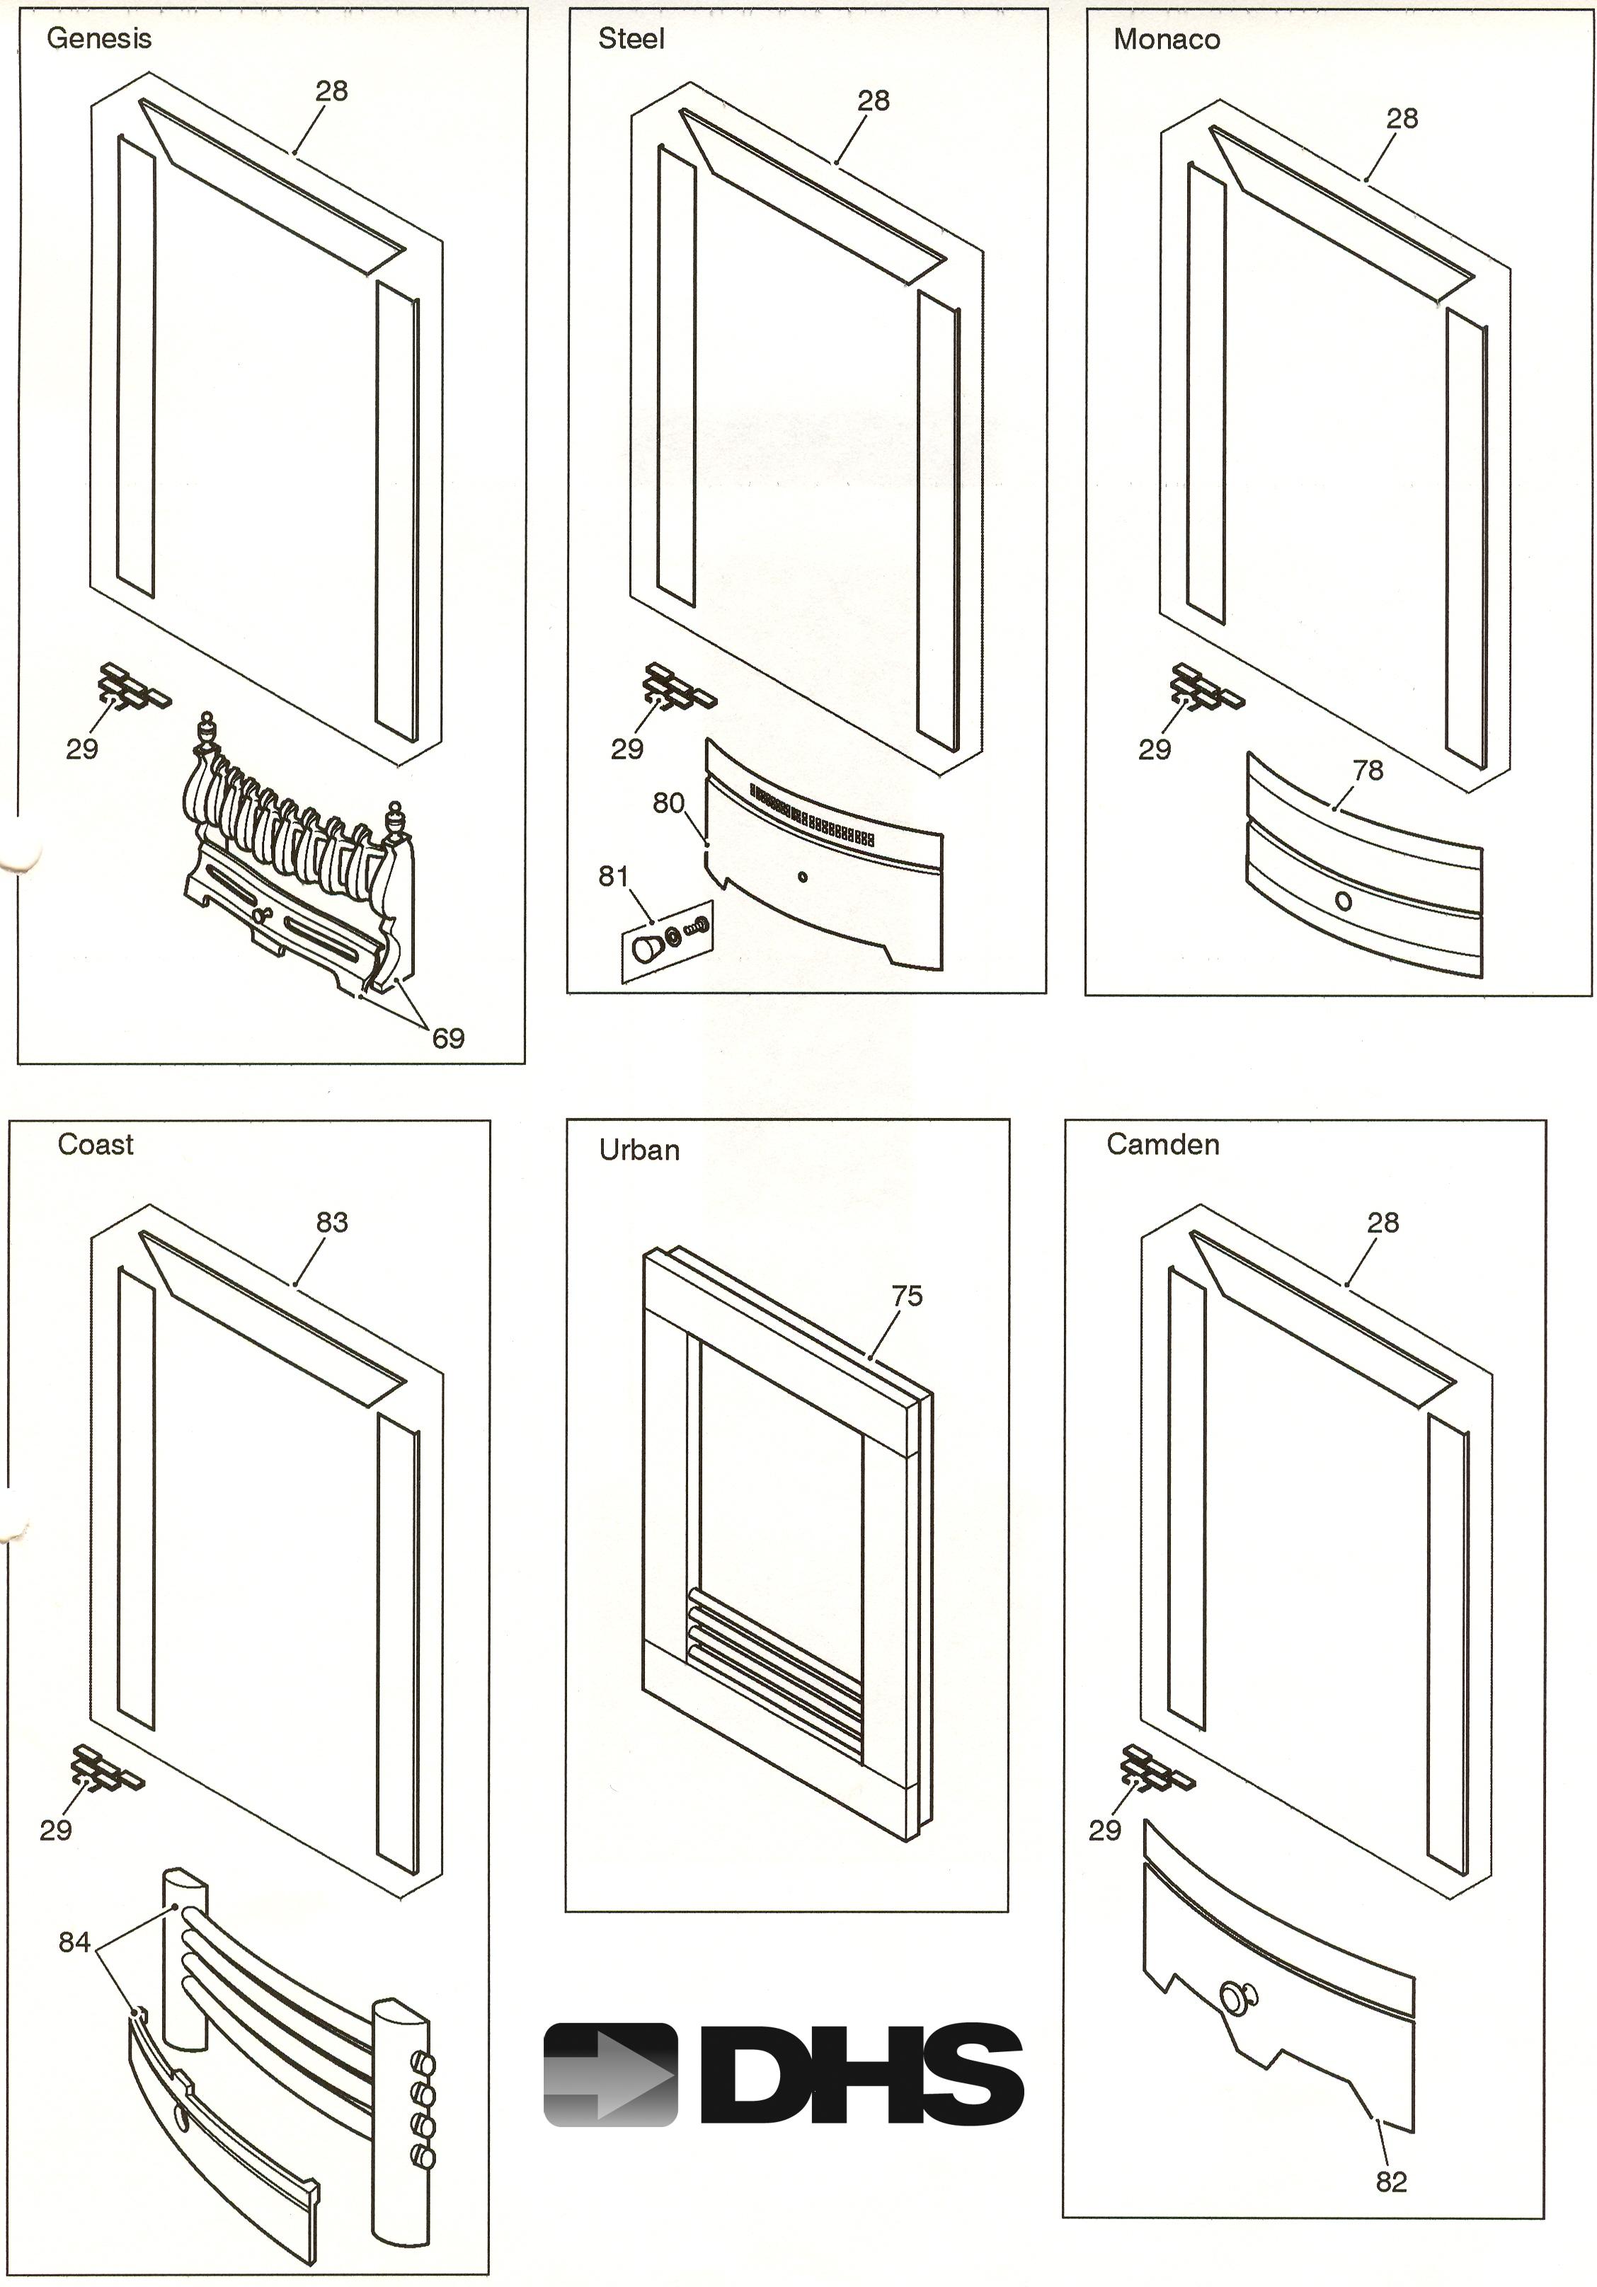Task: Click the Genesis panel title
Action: click(98, 39)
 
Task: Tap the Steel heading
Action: click(631, 39)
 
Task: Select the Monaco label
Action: click(1167, 40)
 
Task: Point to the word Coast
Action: click(95, 1144)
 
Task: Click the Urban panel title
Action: click(639, 1151)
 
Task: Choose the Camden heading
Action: click(1162, 1144)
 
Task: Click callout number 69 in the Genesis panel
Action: click(448, 1039)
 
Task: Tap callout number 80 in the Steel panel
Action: click(668, 803)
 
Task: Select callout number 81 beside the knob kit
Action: click(614, 877)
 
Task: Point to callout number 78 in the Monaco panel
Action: click(1368, 770)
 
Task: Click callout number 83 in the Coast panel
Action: click(332, 1222)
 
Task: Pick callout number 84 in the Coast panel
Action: click(75, 1942)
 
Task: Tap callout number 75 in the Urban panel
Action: click(907, 1296)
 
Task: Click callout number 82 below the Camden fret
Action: click(1391, 2182)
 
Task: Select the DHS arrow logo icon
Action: click(609, 2075)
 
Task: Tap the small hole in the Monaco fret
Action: click(1343, 901)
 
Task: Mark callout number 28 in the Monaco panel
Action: click(1402, 119)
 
